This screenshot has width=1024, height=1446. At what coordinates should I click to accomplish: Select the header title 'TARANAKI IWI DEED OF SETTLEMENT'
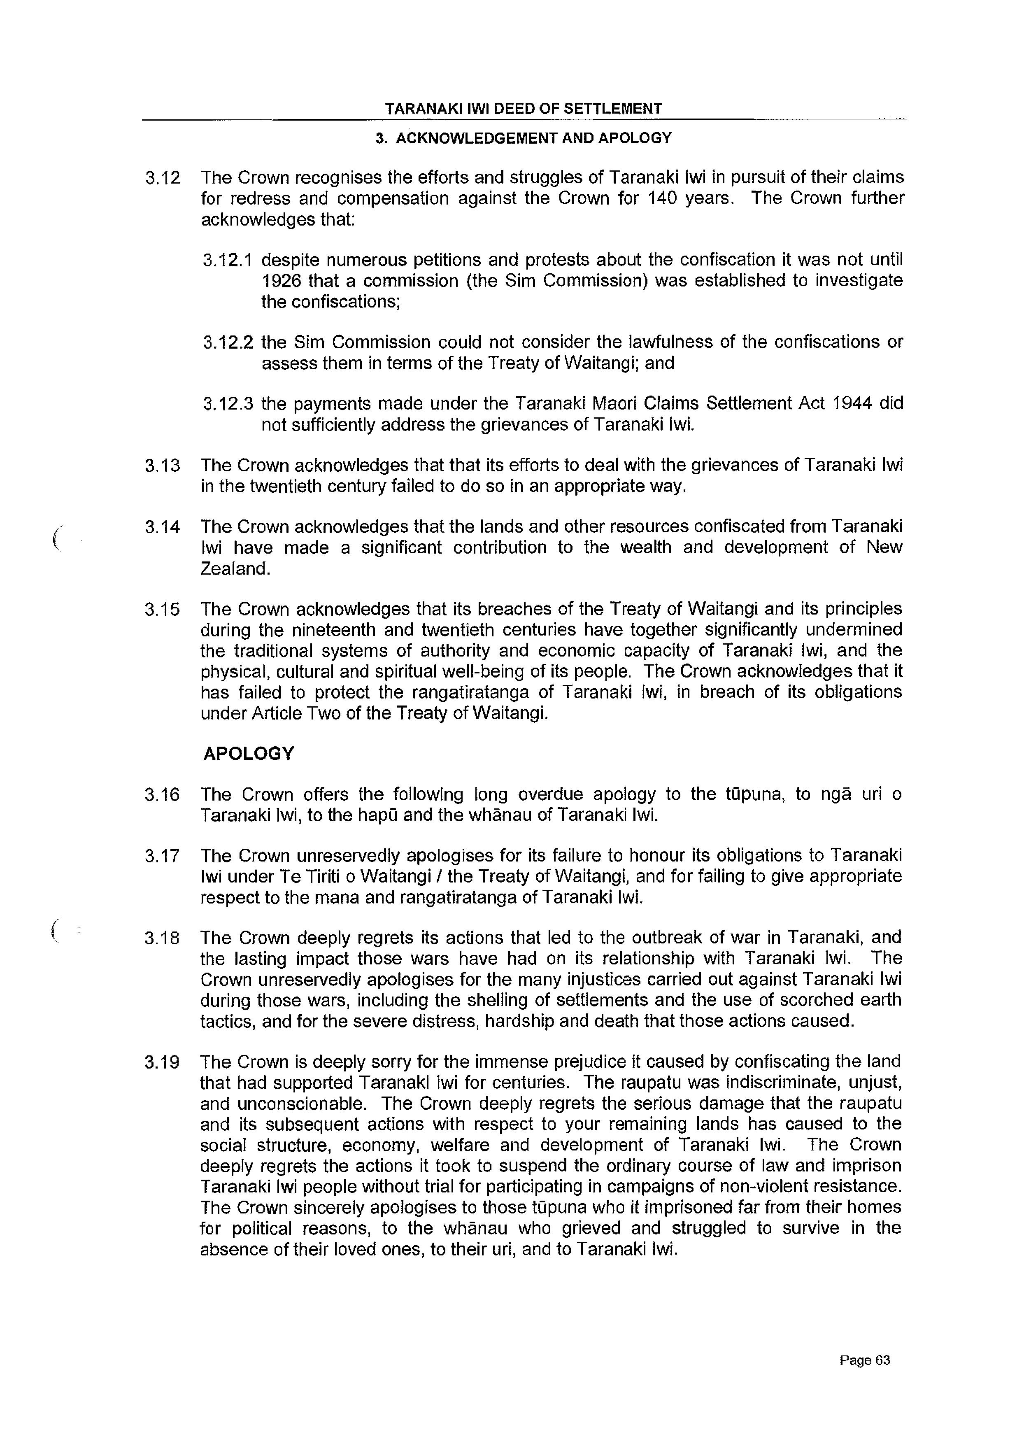tap(524, 109)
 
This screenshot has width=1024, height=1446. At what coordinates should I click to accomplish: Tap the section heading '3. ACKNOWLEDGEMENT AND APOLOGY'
tap(524, 138)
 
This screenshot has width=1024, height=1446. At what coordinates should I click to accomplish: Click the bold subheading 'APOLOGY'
tap(249, 754)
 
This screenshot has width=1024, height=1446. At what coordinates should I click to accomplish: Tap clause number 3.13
tap(162, 466)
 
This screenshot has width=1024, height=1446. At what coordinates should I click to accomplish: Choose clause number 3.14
tap(162, 527)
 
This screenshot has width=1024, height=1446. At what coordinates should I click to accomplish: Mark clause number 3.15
tap(162, 610)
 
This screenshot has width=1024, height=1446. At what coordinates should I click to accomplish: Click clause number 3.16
tap(162, 795)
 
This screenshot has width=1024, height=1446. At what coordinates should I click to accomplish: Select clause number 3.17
tap(162, 857)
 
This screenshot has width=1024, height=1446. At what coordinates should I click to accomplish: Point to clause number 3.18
tap(162, 938)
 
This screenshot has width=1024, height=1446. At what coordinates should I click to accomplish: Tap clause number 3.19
tap(162, 1063)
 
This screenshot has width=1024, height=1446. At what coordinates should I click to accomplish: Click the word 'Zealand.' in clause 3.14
tap(235, 569)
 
